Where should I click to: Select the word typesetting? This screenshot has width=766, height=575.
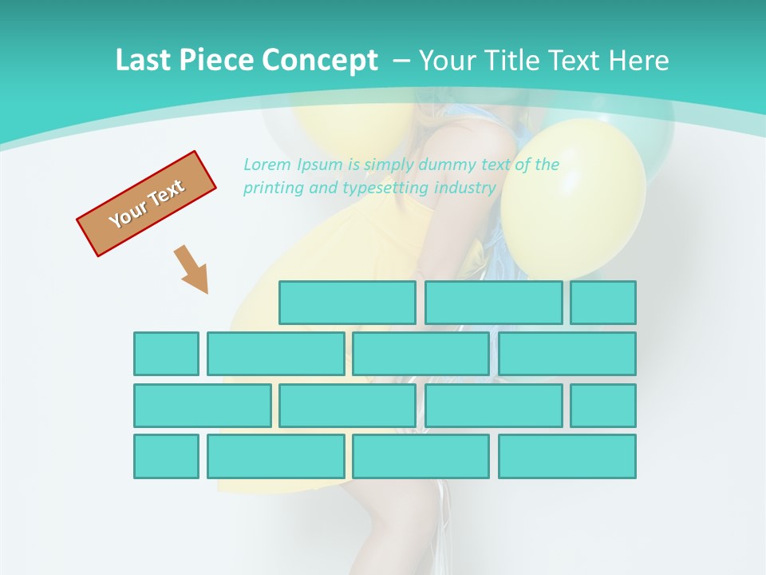(385, 188)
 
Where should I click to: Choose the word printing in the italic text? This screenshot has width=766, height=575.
(270, 188)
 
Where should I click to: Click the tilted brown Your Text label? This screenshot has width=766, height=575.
(146, 204)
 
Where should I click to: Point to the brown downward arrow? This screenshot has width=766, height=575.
(192, 270)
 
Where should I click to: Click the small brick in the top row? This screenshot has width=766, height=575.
(603, 303)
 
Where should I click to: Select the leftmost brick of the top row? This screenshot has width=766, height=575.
(347, 303)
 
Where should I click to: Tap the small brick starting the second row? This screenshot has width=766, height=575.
(166, 354)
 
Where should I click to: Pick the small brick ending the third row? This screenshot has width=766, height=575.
(603, 406)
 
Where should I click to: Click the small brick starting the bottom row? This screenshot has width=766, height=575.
(166, 457)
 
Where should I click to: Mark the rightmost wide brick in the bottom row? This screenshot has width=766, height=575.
(567, 457)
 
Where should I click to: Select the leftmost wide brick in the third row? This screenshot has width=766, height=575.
(202, 406)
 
